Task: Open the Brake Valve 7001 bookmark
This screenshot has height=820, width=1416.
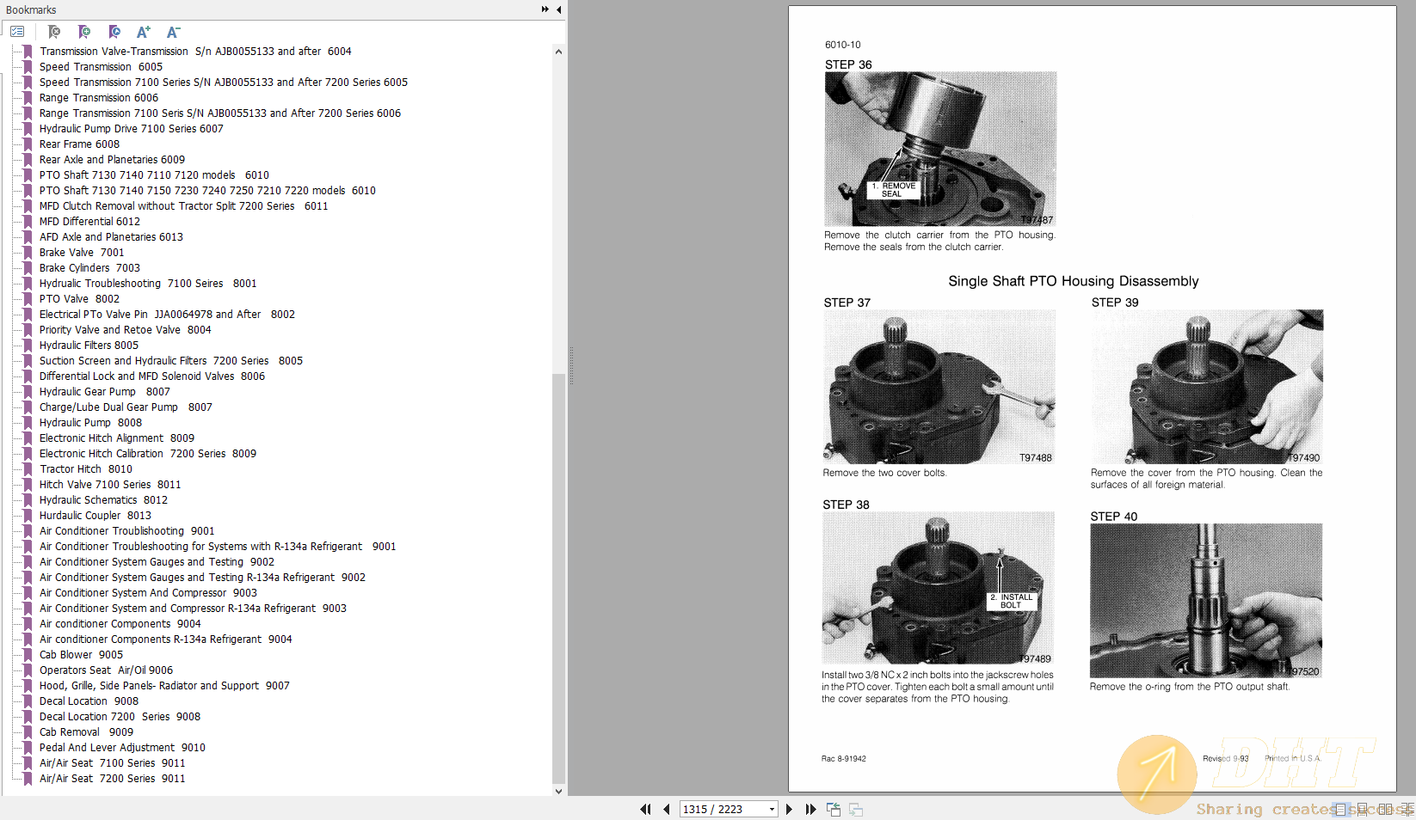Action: (x=82, y=253)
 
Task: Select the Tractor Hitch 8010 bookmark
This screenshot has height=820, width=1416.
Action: (x=85, y=469)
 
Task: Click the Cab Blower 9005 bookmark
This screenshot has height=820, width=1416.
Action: (x=81, y=655)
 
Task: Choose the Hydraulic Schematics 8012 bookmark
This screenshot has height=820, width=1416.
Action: (x=103, y=500)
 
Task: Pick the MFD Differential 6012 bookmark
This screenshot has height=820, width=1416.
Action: (x=89, y=222)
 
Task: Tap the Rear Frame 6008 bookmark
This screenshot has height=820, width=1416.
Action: (x=79, y=144)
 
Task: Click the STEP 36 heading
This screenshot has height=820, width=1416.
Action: (x=847, y=64)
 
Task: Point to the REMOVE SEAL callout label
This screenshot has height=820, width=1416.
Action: (x=893, y=190)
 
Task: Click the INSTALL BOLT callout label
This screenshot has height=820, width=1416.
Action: (x=1012, y=601)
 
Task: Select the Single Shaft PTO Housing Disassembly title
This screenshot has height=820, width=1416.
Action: (x=1073, y=281)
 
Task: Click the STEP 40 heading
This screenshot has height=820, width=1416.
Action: (x=1113, y=517)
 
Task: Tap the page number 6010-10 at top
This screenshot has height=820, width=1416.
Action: (x=842, y=45)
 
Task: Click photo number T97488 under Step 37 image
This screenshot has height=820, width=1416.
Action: (x=1035, y=458)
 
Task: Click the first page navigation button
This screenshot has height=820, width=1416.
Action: (x=644, y=809)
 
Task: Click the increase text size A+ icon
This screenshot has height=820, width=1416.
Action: (x=144, y=32)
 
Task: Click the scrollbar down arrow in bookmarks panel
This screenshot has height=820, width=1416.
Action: (x=558, y=791)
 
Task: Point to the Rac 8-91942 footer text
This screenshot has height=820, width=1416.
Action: (x=843, y=759)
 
